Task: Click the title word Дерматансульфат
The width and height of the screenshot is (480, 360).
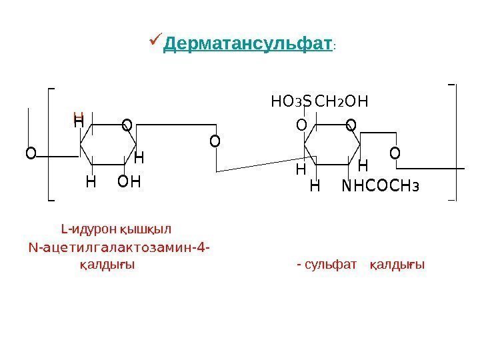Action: click(x=247, y=45)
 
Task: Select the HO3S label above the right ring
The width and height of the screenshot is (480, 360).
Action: click(x=291, y=102)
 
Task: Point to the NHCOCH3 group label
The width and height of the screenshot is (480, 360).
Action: click(x=381, y=186)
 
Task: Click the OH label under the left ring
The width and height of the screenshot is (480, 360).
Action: click(x=129, y=181)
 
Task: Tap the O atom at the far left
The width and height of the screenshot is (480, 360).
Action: click(x=30, y=154)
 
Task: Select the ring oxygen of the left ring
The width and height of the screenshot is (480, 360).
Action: click(x=126, y=124)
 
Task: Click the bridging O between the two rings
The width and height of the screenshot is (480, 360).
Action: click(x=214, y=141)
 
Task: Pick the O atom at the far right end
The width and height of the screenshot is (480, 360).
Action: click(x=395, y=154)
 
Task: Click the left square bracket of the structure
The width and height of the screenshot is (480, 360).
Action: click(x=51, y=143)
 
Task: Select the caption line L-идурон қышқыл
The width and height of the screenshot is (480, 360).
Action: click(x=107, y=231)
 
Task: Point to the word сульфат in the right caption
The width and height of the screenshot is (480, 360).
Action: click(x=331, y=265)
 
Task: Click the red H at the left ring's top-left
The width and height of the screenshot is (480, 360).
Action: click(x=77, y=117)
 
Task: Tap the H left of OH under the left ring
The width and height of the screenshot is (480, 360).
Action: click(x=91, y=181)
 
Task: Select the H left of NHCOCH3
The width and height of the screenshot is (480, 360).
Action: click(x=315, y=186)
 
